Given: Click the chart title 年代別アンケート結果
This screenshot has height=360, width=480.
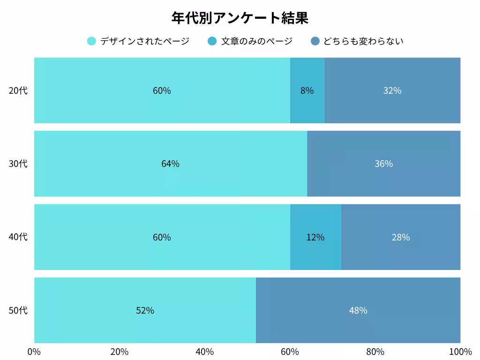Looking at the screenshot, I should [x=240, y=18].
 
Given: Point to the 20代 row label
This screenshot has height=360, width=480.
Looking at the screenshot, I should [x=18, y=90].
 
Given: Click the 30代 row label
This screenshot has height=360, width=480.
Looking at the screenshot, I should [x=18, y=164].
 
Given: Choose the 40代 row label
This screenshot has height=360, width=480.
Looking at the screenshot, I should [x=18, y=237].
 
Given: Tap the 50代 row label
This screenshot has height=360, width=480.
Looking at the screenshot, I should [x=18, y=310].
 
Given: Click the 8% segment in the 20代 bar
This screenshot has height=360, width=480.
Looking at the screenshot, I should [x=307, y=90].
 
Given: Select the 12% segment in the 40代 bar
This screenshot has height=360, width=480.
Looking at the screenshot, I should [x=315, y=237].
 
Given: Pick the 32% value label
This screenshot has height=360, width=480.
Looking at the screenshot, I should [x=392, y=90].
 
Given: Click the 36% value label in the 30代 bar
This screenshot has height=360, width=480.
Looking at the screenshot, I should [x=383, y=164].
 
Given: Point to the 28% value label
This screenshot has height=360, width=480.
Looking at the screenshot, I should [x=401, y=237].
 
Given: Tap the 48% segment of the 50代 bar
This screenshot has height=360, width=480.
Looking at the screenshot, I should [x=358, y=310].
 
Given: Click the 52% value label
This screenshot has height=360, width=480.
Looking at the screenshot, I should [x=145, y=310].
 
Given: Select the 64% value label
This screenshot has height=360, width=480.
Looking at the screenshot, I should [x=170, y=164].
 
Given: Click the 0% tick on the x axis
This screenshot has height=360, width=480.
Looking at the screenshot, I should [x=34, y=352].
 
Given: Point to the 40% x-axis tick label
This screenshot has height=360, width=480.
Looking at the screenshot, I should [x=205, y=352].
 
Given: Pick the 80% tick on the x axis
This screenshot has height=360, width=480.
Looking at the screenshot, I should [x=375, y=352].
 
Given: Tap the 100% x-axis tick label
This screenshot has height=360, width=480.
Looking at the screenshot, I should [x=460, y=352].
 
